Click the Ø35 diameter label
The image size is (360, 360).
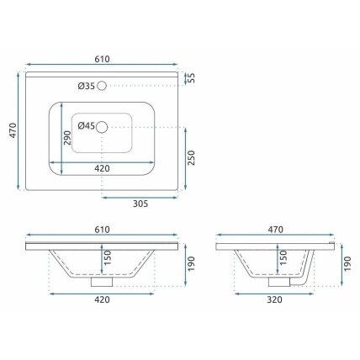tap(87, 86)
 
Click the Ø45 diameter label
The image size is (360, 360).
tap(87, 126)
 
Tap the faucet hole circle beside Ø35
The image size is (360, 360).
tap(102, 86)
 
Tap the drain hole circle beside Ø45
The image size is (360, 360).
tap(102, 127)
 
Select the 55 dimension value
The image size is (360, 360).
tap(191, 78)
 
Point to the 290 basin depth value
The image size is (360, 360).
tap(67, 138)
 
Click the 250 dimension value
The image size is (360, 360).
tap(191, 158)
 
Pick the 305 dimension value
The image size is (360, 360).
tap(140, 204)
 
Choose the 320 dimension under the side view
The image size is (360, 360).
tap(274, 299)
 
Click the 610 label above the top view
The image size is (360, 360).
tap(102, 59)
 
